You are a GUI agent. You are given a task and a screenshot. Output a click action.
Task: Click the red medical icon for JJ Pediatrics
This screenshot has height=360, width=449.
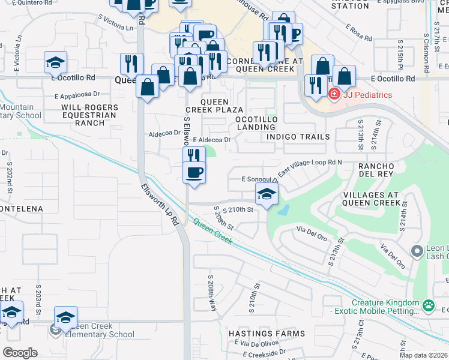(334, 94)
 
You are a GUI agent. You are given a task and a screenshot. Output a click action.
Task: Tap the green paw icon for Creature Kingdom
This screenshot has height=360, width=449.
(427, 307)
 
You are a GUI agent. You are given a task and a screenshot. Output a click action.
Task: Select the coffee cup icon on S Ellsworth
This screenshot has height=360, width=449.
(193, 173)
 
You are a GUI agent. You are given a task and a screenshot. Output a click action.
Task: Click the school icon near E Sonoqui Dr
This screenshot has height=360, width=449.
(267, 193)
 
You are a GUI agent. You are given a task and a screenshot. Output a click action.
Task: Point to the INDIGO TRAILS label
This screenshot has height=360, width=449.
(298, 137)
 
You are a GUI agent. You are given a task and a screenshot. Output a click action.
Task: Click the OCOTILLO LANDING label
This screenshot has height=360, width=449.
(256, 123)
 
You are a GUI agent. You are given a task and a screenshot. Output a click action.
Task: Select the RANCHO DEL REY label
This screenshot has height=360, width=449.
(375, 170)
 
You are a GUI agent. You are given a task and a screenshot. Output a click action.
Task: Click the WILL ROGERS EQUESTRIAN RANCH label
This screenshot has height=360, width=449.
(90, 115)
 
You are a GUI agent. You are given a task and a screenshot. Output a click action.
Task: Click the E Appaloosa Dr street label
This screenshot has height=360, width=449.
(77, 95)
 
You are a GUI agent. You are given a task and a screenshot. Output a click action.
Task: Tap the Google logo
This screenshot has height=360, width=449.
(20, 352)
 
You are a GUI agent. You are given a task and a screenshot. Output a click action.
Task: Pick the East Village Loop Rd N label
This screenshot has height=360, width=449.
(310, 167)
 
